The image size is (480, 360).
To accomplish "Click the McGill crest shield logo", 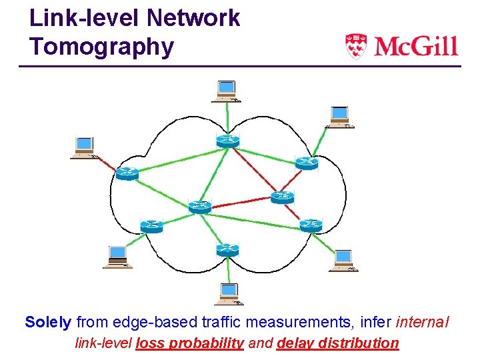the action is (357, 46).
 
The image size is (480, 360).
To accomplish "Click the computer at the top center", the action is (225, 91).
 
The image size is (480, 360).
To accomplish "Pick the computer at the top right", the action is (340, 116).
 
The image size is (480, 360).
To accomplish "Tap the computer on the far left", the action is (83, 147).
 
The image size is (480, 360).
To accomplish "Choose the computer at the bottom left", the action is (117, 257).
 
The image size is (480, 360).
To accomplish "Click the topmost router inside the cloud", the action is (227, 141).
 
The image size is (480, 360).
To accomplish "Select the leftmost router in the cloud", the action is (126, 173).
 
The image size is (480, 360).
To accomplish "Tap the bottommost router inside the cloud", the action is (227, 249).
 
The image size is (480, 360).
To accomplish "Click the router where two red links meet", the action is (282, 197).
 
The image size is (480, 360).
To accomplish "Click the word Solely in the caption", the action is (48, 323).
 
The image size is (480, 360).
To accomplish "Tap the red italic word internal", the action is (422, 323).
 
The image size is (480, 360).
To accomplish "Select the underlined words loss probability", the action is (189, 343).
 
